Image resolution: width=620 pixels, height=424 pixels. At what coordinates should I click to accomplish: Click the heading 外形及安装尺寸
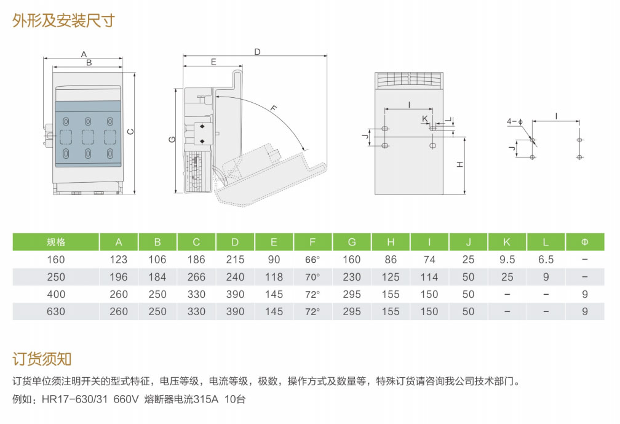click(64, 20)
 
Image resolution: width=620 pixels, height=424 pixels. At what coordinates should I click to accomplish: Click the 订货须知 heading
click(42, 359)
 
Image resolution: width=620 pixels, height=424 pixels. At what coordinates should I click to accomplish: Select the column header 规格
click(56, 242)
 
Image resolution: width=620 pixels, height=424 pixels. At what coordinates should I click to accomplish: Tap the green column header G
click(352, 242)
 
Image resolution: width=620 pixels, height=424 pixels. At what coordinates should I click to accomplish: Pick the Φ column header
click(585, 242)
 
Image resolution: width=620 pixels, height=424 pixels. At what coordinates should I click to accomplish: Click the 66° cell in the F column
click(312, 260)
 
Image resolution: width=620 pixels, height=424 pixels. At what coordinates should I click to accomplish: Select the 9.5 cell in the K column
click(507, 260)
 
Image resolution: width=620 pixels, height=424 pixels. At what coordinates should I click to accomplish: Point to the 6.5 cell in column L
click(546, 260)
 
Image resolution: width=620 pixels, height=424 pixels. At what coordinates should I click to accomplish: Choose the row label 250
click(56, 277)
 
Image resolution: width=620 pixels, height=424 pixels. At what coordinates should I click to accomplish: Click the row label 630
click(56, 311)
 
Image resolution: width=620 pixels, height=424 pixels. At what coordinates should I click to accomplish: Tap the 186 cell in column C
click(196, 260)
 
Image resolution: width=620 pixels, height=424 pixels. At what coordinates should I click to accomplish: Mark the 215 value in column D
click(235, 260)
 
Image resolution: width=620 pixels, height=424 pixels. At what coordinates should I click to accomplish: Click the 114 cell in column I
click(429, 277)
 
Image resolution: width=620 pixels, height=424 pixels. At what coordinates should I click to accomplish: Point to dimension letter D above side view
click(257, 52)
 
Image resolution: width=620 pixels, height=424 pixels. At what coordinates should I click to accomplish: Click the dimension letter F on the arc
click(274, 108)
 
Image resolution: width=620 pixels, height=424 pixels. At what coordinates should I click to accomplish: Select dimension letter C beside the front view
click(131, 132)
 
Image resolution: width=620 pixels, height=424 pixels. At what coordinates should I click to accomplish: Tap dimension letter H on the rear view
click(460, 164)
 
